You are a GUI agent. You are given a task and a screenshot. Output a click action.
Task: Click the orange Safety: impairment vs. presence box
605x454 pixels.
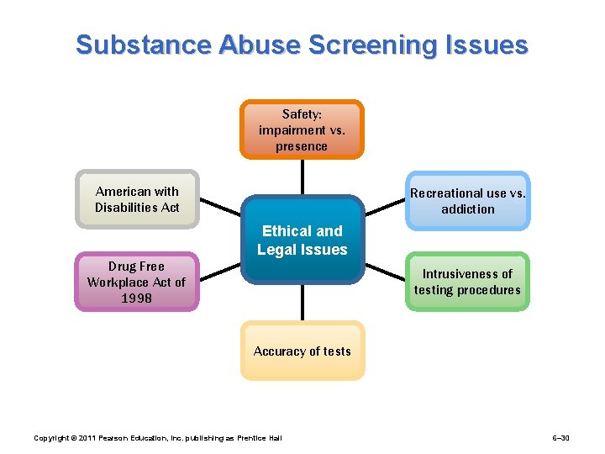tap(302, 130)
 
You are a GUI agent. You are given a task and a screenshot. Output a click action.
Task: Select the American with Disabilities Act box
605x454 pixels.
tap(137, 200)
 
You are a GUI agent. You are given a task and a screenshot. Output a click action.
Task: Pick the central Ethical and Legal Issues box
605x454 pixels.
tap(302, 240)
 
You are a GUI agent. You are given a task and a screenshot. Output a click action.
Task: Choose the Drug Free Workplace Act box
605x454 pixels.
tap(136, 282)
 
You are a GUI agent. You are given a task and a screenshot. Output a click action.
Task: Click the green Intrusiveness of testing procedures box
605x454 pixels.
tap(467, 282)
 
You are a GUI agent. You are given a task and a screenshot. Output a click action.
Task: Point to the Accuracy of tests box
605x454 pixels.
tap(302, 351)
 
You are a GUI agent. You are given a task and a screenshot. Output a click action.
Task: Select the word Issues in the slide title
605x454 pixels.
tap(488, 45)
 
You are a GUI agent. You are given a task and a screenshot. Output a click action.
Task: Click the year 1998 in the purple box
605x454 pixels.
tap(136, 298)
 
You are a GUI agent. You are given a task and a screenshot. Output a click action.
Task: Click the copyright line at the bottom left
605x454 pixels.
tap(157, 438)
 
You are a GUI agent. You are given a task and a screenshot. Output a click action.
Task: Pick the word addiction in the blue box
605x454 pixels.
tap(468, 209)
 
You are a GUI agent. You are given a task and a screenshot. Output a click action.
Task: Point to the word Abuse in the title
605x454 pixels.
tap(256, 45)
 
